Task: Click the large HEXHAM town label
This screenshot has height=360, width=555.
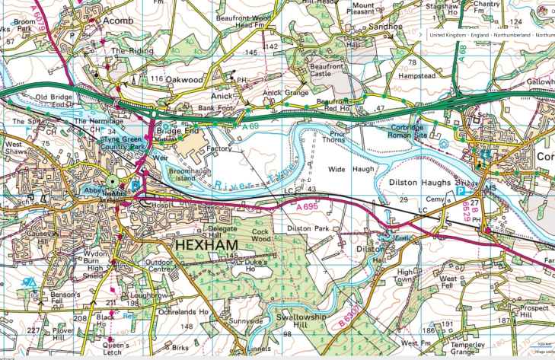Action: pos(206,246)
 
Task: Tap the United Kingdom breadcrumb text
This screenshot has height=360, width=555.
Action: pos(450,35)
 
